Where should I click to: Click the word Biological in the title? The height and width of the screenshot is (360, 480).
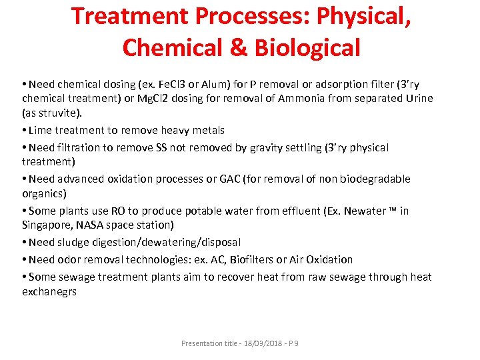point(313,47)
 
